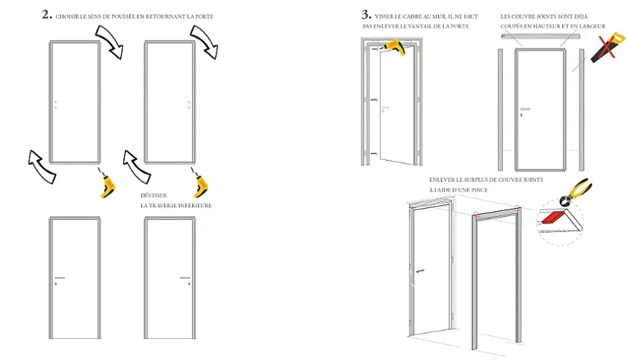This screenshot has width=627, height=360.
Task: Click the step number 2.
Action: coord(46,15)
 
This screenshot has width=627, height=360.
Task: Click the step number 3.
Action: coord(366,14)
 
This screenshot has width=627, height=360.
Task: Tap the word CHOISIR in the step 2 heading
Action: coord(69,16)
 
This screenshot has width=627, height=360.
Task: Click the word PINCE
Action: coord(478,190)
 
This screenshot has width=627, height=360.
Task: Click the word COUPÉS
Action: coord(514,26)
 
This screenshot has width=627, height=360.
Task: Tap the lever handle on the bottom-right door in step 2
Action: coord(185,277)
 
